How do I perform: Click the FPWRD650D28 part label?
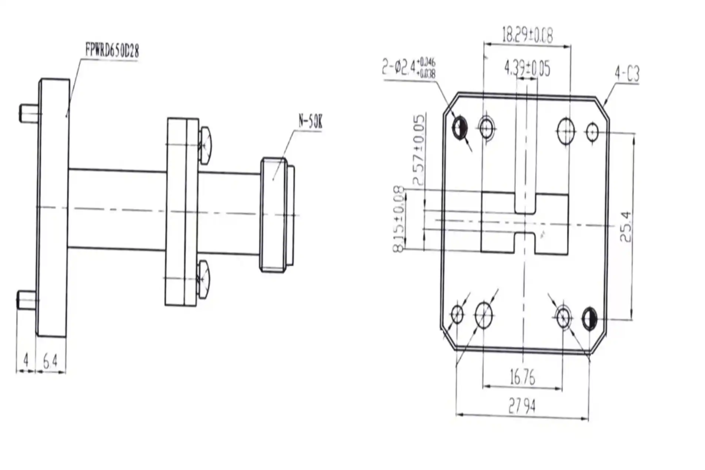pyautogui.click(x=112, y=50)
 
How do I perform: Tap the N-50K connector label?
pyautogui.click(x=310, y=121)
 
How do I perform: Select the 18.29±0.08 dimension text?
pyautogui.click(x=527, y=35)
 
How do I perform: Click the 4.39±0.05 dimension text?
pyautogui.click(x=527, y=69)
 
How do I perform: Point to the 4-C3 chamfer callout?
pyautogui.click(x=627, y=74)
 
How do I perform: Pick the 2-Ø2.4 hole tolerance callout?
pyautogui.click(x=409, y=68)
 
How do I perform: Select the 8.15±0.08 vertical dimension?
pyautogui.click(x=399, y=219)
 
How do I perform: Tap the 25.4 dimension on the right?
pyautogui.click(x=626, y=226)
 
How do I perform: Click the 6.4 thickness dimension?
pyautogui.click(x=50, y=361)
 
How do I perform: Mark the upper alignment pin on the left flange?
pyautogui.click(x=29, y=113)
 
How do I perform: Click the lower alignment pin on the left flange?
pyautogui.click(x=27, y=300)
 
